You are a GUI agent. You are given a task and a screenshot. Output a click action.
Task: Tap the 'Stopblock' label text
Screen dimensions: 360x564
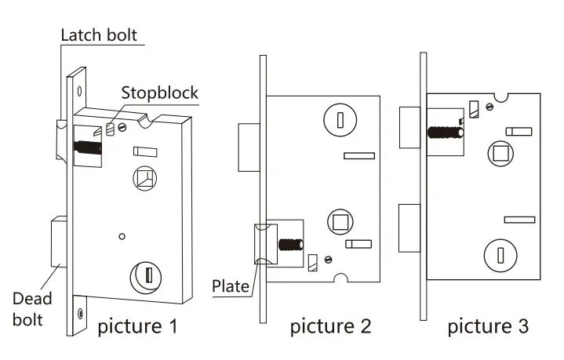(x=159, y=93)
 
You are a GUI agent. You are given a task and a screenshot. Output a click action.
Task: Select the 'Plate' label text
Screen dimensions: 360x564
(x=231, y=287)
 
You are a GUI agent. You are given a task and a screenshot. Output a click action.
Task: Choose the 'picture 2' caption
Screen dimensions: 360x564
(x=330, y=325)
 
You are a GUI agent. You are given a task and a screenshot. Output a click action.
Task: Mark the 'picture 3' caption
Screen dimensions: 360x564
(x=488, y=325)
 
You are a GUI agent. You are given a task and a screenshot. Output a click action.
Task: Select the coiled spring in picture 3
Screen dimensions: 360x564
(x=443, y=132)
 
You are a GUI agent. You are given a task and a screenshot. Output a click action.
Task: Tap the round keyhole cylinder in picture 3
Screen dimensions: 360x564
(x=499, y=253)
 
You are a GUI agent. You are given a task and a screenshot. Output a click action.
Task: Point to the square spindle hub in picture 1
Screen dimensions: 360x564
(x=144, y=180)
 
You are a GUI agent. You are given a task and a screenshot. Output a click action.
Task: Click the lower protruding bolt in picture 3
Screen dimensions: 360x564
(x=409, y=227)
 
